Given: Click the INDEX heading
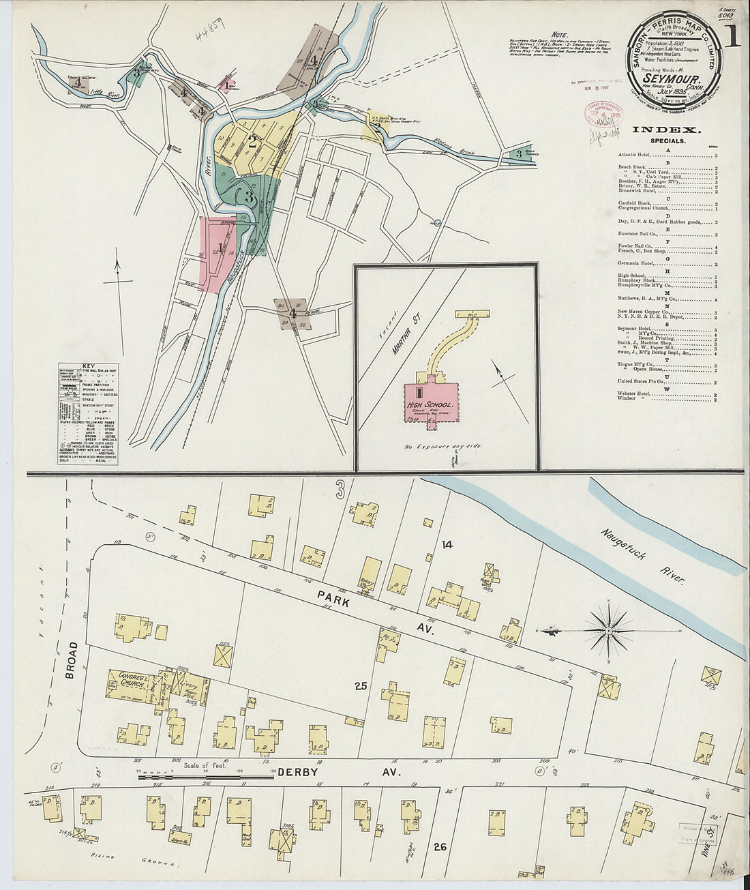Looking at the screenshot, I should click(x=666, y=130).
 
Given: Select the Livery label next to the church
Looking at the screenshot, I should click(x=179, y=684).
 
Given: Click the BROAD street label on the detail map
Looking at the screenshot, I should click(x=72, y=659).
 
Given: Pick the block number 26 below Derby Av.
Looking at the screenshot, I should click(x=440, y=847).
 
